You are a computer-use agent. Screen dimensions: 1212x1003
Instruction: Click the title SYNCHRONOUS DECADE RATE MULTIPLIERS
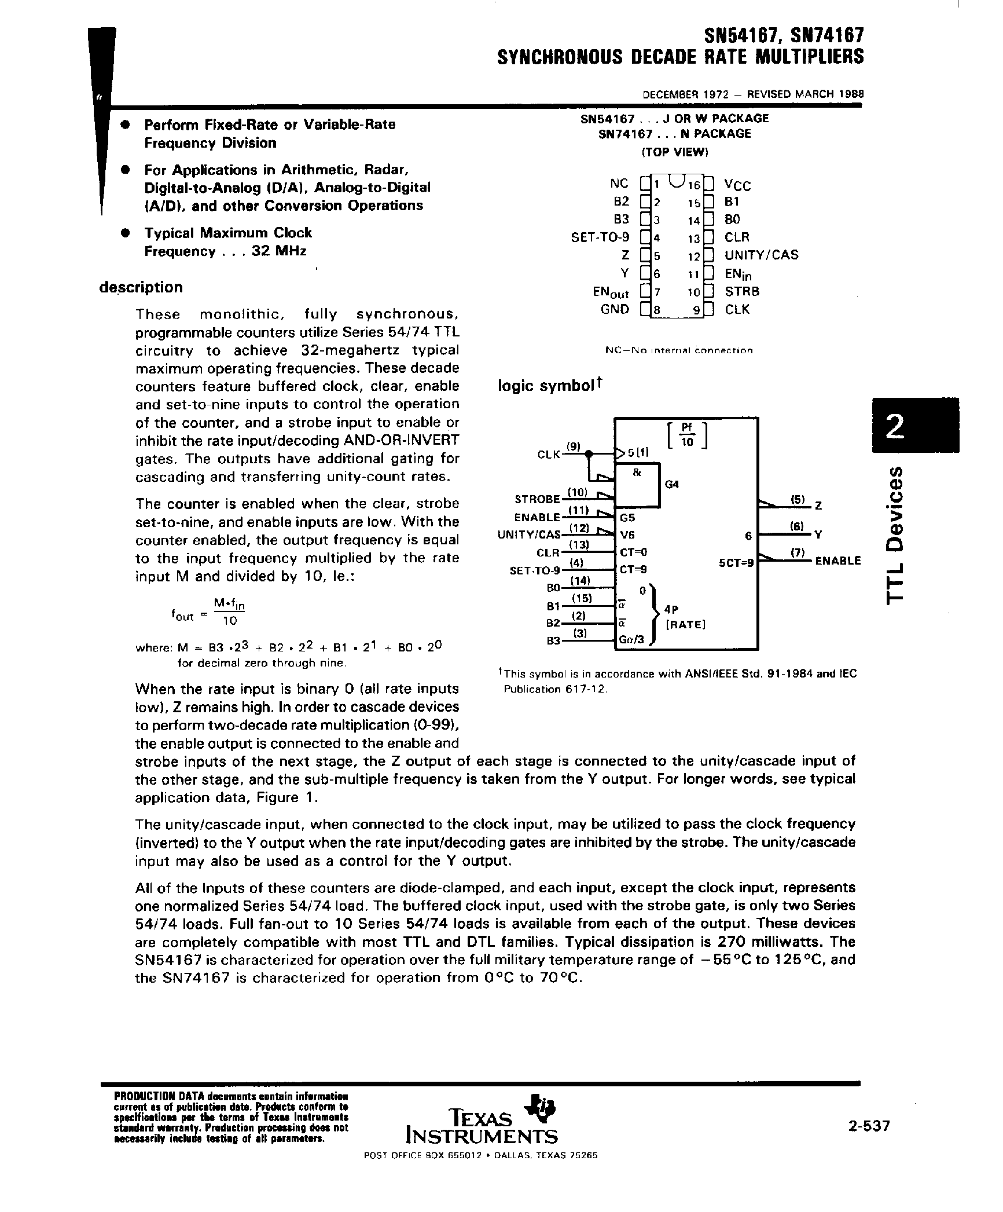point(680,57)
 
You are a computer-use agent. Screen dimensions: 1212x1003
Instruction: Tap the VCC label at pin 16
point(737,185)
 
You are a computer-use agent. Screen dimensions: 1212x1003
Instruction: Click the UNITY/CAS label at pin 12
point(761,255)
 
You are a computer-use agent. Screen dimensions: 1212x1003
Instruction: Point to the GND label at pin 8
point(615,309)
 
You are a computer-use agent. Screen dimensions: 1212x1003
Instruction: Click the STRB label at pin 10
point(742,291)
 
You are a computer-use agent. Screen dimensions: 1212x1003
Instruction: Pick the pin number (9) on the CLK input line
point(573,446)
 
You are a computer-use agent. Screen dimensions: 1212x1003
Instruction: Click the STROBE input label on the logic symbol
point(537,499)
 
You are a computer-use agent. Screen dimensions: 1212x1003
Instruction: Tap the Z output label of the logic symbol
point(818,506)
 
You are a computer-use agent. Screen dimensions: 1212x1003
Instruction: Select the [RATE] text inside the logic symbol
point(685,625)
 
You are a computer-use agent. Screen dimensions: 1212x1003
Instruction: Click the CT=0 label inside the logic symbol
point(633,552)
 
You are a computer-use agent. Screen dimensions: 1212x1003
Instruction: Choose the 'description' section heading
point(141,287)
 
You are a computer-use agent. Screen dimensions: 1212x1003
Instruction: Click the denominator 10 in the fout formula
point(229,621)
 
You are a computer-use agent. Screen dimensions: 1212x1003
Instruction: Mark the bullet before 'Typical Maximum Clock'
point(123,233)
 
